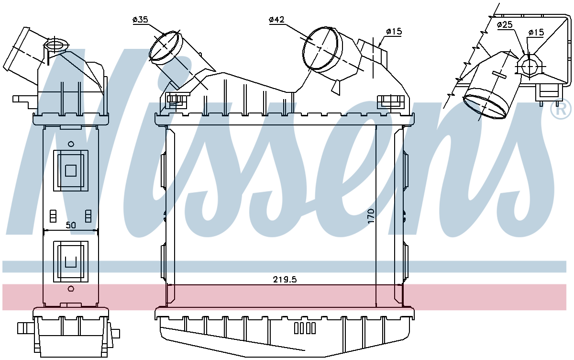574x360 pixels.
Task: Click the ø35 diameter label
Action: [140, 20]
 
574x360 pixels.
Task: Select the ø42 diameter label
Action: [276, 20]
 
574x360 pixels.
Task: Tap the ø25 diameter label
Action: [505, 25]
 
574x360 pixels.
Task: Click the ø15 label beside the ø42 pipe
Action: [394, 32]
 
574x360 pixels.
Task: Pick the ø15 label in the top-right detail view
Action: [536, 32]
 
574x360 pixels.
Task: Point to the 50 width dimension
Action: [71, 225]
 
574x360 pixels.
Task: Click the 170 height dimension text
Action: [371, 216]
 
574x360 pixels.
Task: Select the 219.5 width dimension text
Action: [285, 279]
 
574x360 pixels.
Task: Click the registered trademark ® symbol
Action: [561, 110]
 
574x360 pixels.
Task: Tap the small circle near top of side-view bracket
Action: [71, 144]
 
